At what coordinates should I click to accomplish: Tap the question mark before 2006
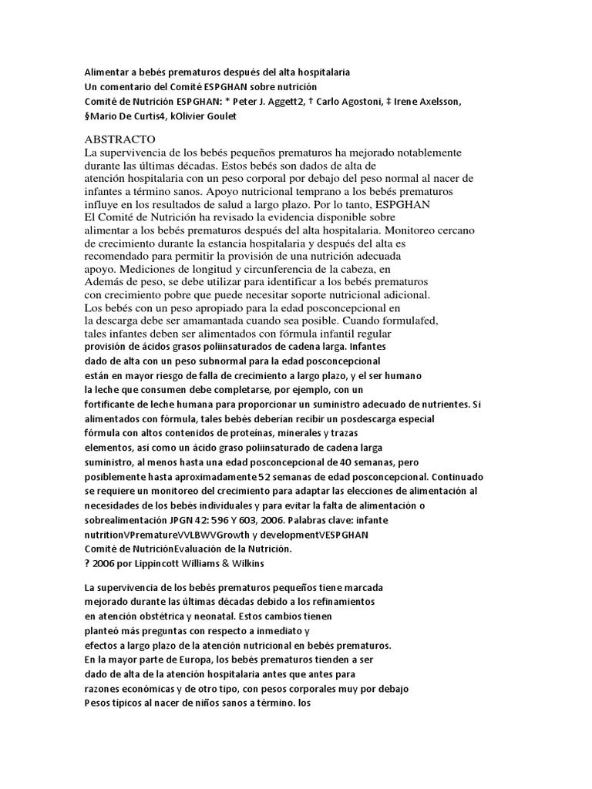pyautogui.click(x=87, y=563)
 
